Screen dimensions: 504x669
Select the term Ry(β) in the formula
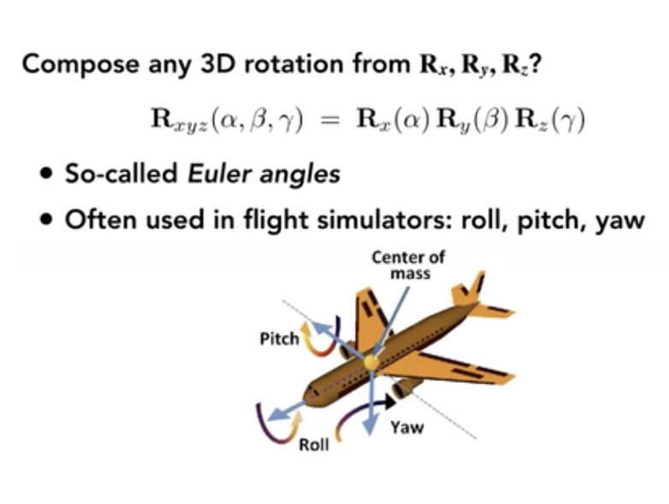[x=473, y=121]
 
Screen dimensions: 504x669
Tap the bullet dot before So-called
[x=44, y=173]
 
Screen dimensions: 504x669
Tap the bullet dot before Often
[x=44, y=219]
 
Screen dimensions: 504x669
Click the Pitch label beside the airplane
[x=279, y=339]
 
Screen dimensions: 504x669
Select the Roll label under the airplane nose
[x=314, y=444]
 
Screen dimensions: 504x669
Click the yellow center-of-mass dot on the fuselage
[x=370, y=362]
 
